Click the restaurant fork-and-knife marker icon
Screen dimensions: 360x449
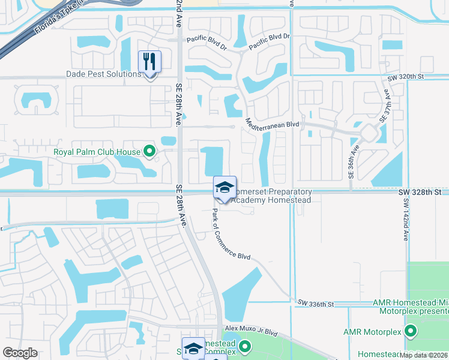pyautogui.click(x=149, y=61)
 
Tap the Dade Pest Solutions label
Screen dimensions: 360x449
pyautogui.click(x=103, y=74)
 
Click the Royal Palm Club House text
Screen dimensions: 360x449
pyautogui.click(x=97, y=152)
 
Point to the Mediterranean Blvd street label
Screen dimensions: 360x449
pyautogui.click(x=273, y=124)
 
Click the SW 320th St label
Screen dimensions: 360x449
pyautogui.click(x=405, y=77)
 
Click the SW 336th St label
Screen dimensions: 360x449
pyautogui.click(x=315, y=304)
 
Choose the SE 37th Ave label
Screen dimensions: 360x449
pyautogui.click(x=384, y=108)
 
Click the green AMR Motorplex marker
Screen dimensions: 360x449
pyautogui.click(x=411, y=331)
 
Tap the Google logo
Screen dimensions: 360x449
pyautogui.click(x=20, y=353)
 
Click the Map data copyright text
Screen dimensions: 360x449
pyautogui.click(x=424, y=355)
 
